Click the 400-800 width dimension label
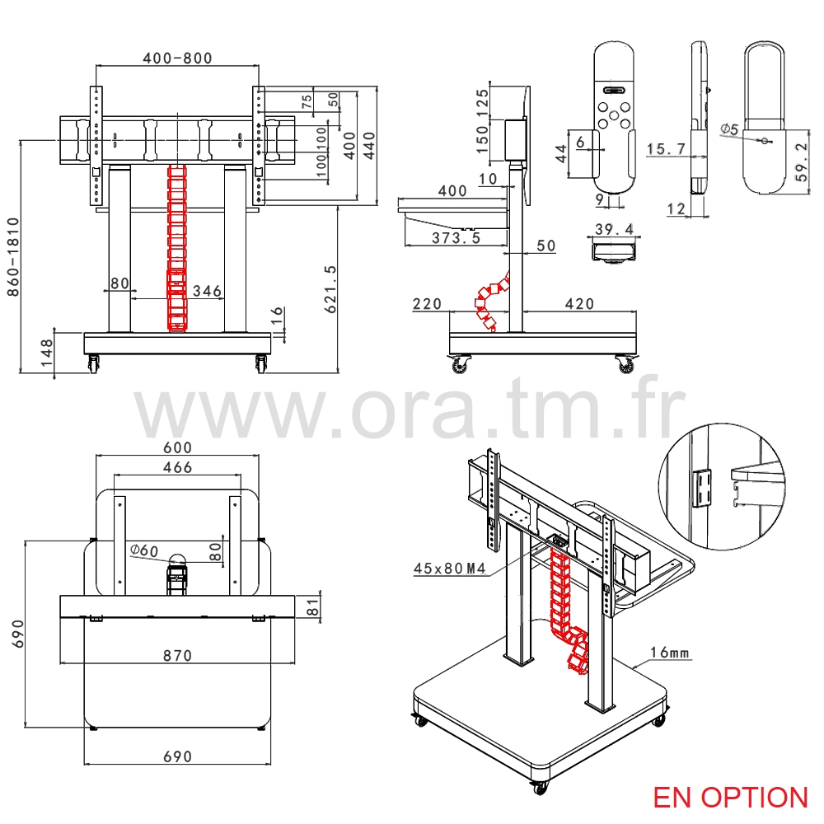coord(177,58)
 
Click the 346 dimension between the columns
coord(207,290)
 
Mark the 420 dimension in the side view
coord(579,304)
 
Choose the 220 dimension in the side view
coord(428,304)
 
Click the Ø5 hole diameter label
coord(728,129)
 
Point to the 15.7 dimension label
coord(667,148)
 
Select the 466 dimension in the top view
coord(177,467)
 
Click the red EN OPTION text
coord(730,797)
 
